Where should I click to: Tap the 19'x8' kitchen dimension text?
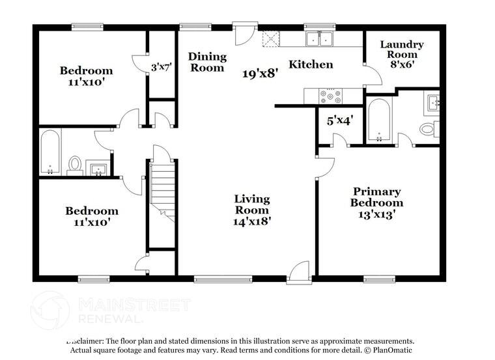pyautogui.click(x=261, y=74)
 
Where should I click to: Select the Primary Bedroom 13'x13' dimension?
pyautogui.click(x=376, y=213)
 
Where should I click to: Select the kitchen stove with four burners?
pyautogui.click(x=331, y=97)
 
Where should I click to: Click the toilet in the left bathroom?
pyautogui.click(x=75, y=164)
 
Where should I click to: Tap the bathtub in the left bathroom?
pyautogui.click(x=50, y=152)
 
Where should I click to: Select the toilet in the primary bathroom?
pyautogui.click(x=427, y=128)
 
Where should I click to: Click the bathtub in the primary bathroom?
pyautogui.click(x=378, y=119)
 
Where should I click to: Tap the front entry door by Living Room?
pyautogui.click(x=300, y=271)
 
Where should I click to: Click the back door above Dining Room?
pyautogui.click(x=242, y=34)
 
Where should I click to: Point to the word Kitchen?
pyautogui.click(x=311, y=64)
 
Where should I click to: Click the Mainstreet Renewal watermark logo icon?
pyautogui.click(x=50, y=309)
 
